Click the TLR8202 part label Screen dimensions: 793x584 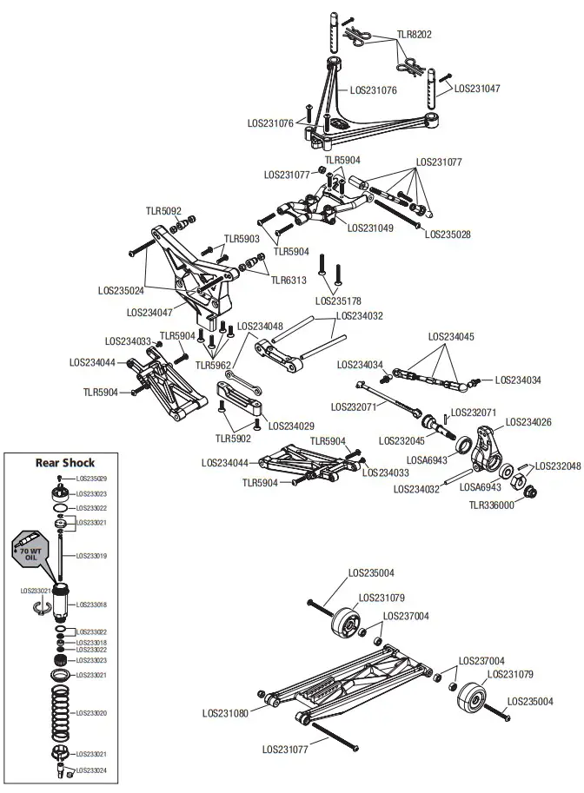pos(415,35)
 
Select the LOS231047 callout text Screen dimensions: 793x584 pos(477,89)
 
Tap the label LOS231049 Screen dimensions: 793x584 pos(370,228)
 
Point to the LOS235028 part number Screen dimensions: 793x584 pos(448,235)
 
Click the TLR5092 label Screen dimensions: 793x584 pos(163,211)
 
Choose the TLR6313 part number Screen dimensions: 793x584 pos(289,281)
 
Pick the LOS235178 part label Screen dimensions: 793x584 pos(340,301)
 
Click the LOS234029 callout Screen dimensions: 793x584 pos(291,426)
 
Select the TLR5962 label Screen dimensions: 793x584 pos(213,366)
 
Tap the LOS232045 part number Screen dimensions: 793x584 pos(402,440)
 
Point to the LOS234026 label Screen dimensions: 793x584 pos(528,423)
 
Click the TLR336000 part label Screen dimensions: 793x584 pos(492,505)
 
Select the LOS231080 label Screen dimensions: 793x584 pos(225,713)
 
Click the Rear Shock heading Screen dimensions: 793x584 pos(65,462)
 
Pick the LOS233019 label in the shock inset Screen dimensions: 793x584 pos(91,555)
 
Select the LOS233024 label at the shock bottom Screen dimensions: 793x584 pos(91,770)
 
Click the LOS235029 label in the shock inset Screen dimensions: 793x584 pos(91,479)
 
